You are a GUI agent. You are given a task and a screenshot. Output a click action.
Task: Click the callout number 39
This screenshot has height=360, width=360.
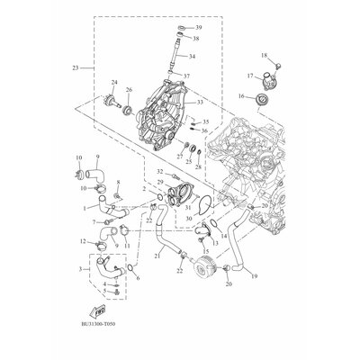[x=198, y=30]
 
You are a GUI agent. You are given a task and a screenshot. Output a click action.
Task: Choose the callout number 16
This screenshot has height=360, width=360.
[x=240, y=95]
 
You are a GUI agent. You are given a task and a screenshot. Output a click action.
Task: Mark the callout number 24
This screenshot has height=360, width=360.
[x=113, y=83]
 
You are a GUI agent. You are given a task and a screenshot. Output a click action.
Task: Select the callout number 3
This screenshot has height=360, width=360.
[x=83, y=269]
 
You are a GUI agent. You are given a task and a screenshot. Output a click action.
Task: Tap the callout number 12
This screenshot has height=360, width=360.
[x=83, y=241]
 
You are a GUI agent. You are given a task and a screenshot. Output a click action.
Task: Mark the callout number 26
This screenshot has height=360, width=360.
[x=130, y=90]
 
